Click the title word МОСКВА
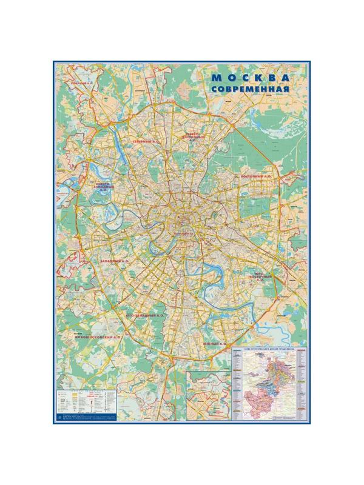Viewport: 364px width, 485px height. pos(249,78)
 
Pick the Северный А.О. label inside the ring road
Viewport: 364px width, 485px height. pos(146,141)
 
